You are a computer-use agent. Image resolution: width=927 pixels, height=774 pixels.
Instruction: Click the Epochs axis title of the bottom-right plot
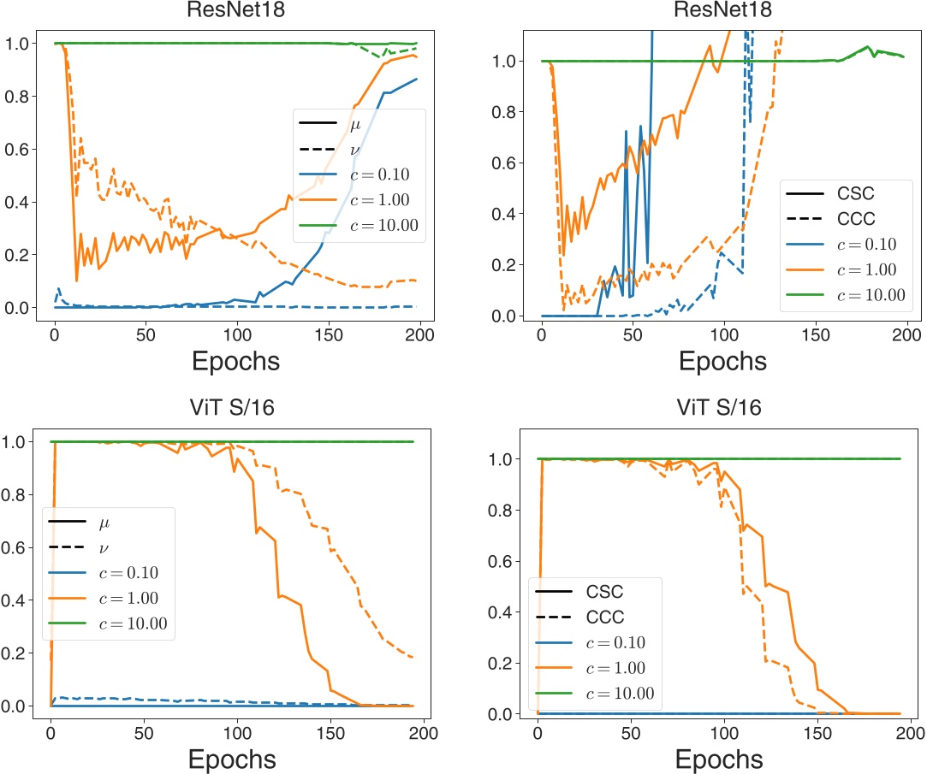[x=719, y=759]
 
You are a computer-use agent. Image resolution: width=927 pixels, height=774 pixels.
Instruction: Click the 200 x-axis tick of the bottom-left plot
[x=424, y=732]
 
